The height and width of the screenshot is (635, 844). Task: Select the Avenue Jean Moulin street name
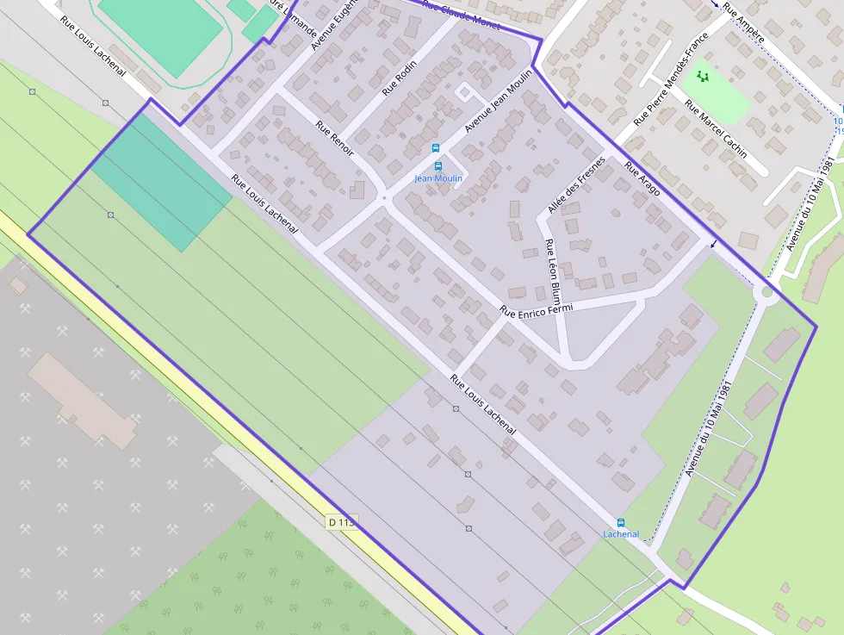coord(499,101)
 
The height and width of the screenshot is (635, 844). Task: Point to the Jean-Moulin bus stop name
coord(438,178)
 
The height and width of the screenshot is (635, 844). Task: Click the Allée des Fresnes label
coord(576,184)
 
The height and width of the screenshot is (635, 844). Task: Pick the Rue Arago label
coord(642,178)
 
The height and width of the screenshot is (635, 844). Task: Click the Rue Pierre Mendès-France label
coord(670,79)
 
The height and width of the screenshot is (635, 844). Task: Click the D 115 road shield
coord(341,522)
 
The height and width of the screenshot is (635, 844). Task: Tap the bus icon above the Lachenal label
coord(621,522)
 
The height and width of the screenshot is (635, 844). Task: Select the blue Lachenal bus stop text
coord(621,534)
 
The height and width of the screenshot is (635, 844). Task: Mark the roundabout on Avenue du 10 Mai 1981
coord(764,294)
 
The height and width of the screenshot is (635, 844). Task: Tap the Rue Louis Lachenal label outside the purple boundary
coord(93,45)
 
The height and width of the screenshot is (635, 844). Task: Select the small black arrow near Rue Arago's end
coord(712,245)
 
